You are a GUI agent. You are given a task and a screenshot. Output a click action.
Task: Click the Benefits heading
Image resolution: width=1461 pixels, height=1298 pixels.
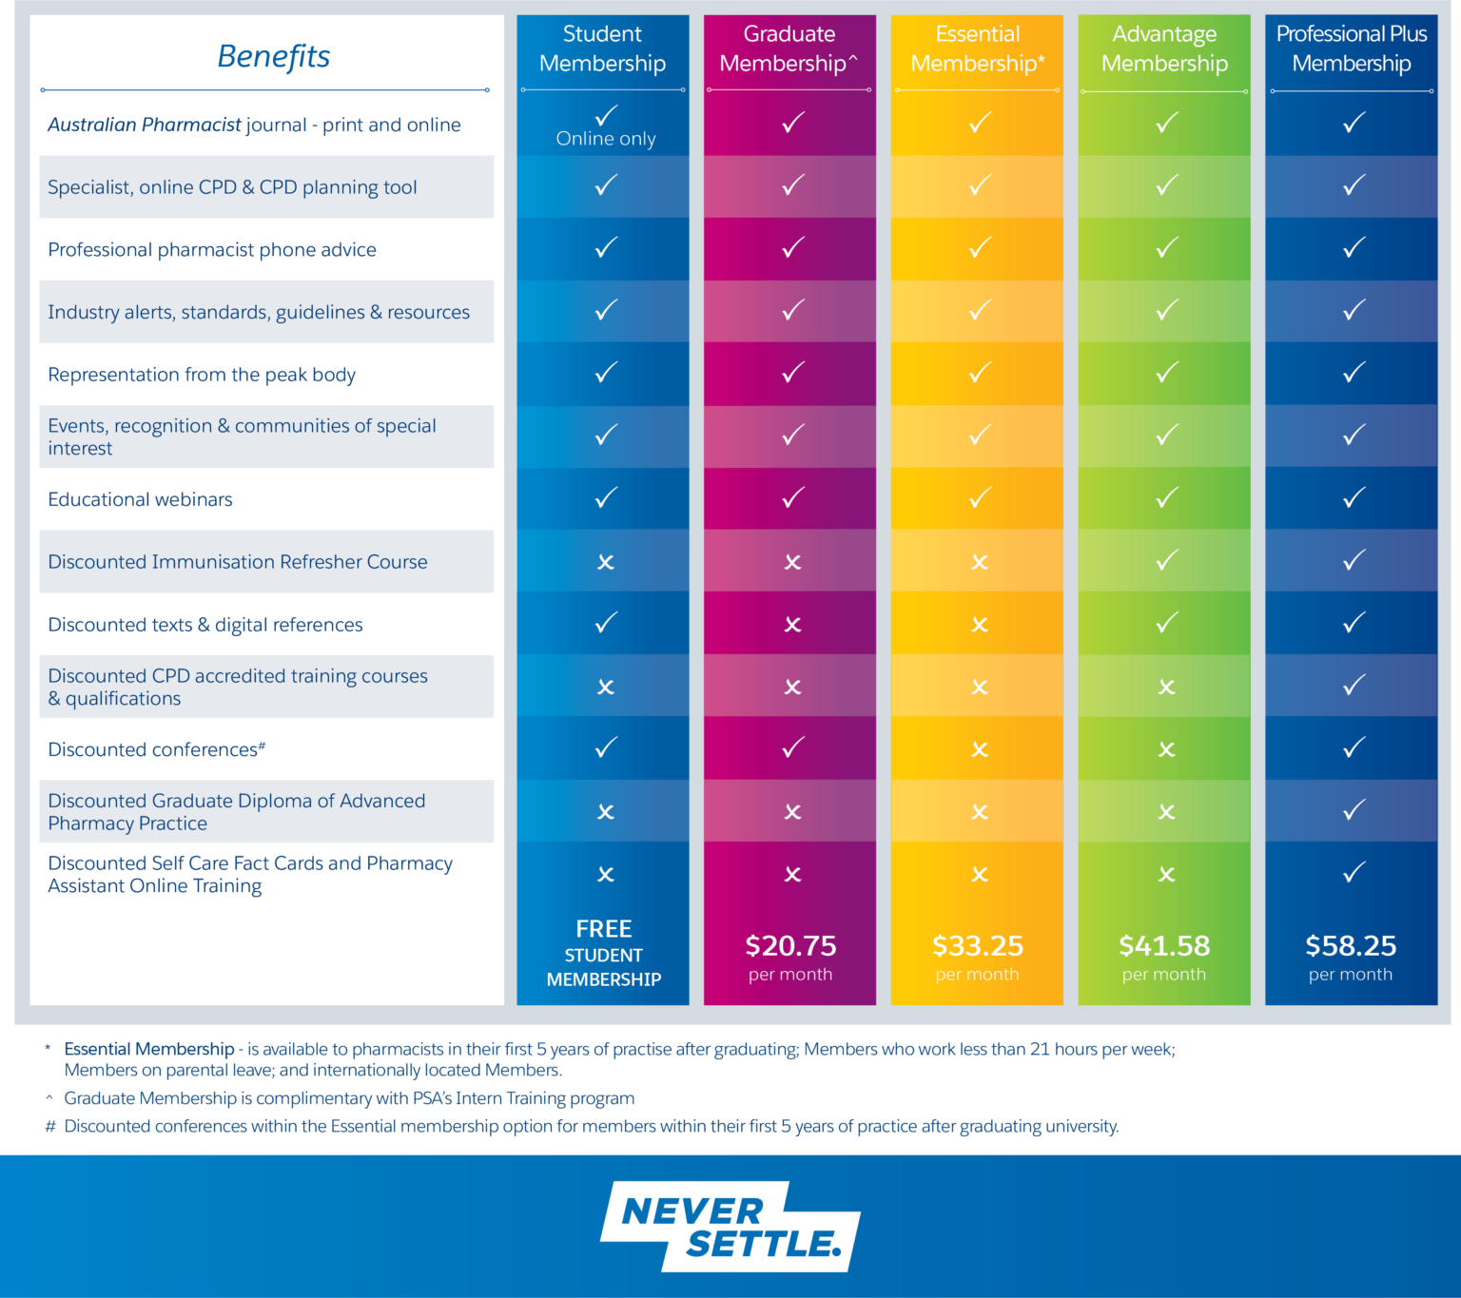point(274,56)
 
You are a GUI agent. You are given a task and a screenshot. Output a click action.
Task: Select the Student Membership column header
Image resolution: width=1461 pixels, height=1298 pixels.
point(602,48)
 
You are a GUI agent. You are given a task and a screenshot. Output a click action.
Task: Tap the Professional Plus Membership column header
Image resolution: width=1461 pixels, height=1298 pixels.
point(1351,48)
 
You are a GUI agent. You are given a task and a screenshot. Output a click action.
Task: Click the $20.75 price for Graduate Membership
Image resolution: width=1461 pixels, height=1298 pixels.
point(790,945)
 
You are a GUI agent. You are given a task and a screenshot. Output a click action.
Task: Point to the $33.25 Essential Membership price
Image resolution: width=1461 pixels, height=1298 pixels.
point(977,945)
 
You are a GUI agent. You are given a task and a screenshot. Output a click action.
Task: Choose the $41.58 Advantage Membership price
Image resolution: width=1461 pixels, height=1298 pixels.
point(1164,945)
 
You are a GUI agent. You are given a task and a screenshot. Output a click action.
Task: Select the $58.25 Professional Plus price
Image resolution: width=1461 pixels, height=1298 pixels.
point(1351,945)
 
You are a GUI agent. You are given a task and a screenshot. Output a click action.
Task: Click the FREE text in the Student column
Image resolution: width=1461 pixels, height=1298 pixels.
point(603,928)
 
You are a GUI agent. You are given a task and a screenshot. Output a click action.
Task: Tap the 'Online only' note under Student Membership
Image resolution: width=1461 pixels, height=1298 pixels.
point(606,139)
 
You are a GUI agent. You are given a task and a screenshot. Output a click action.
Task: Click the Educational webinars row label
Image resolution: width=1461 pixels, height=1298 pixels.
point(140,499)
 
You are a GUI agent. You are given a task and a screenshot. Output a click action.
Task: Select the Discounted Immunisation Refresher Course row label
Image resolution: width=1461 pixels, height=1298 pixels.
point(238,562)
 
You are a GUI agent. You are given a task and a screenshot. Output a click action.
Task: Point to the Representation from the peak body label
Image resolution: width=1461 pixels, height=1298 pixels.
point(202,375)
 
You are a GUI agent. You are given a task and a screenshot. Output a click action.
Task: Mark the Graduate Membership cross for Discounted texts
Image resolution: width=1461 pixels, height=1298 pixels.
point(792,625)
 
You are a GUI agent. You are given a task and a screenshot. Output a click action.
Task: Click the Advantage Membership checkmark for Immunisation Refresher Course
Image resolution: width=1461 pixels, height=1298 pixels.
point(1167,560)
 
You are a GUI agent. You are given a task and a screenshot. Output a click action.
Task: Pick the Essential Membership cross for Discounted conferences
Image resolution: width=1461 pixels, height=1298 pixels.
point(980,750)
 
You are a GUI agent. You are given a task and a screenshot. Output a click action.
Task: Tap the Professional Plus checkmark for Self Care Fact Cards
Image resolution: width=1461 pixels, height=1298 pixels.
point(1354,872)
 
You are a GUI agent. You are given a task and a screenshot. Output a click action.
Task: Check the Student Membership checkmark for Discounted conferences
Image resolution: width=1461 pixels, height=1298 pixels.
point(606,747)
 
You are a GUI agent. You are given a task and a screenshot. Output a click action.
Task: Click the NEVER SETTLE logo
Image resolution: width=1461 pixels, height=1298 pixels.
point(730,1227)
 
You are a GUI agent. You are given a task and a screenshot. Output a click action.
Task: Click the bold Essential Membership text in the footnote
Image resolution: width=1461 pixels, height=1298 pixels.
point(149,1049)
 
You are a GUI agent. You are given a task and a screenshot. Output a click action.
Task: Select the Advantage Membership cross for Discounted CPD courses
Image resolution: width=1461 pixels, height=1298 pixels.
point(1167,688)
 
